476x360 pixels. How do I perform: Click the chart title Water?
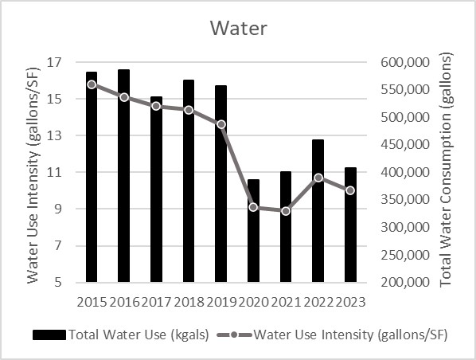pyautogui.click(x=238, y=28)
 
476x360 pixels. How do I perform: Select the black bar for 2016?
pyautogui.click(x=124, y=175)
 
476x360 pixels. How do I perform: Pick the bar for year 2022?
pyautogui.click(x=318, y=211)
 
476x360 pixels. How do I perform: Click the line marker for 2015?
pyautogui.click(x=92, y=84)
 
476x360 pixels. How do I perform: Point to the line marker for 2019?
pyautogui.click(x=221, y=124)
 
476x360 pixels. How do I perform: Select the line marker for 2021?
pyautogui.click(x=286, y=211)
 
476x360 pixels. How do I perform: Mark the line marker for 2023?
pyautogui.click(x=350, y=190)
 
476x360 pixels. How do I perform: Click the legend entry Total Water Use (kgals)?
pyautogui.click(x=139, y=335)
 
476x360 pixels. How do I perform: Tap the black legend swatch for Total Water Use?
pyautogui.click(x=49, y=335)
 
